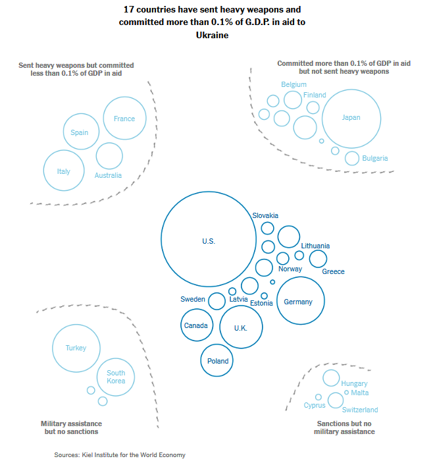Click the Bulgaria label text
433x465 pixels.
pyautogui.click(x=375, y=158)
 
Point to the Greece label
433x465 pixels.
pyautogui.click(x=333, y=271)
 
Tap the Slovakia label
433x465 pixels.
pyautogui.click(x=265, y=215)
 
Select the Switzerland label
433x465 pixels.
pyautogui.click(x=360, y=410)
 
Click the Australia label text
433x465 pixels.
pyautogui.click(x=108, y=175)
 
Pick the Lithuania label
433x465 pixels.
pyautogui.click(x=315, y=246)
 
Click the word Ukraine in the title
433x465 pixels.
pyautogui.click(x=212, y=36)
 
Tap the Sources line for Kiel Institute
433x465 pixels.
pyautogui.click(x=120, y=455)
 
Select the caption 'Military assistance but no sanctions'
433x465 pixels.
pyautogui.click(x=72, y=427)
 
